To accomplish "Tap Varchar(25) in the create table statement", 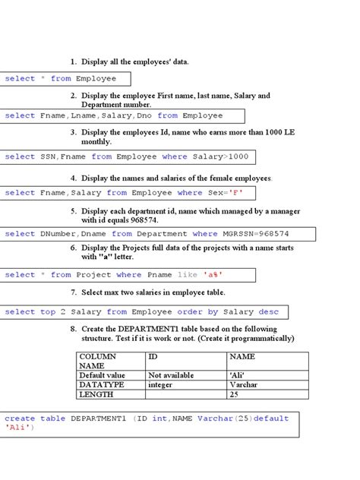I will click(224, 418).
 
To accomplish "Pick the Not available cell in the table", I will click(171, 375).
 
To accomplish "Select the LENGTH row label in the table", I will click(96, 394).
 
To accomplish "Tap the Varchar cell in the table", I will click(243, 384).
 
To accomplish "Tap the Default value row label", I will click(102, 375).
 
